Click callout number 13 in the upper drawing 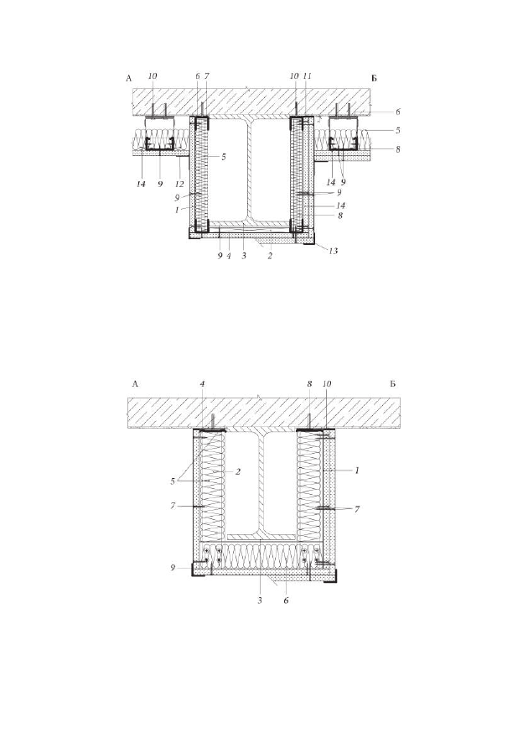[x=334, y=251]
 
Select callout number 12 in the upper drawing [x=179, y=184]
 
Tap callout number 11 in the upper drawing [x=308, y=76]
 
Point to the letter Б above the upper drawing [x=374, y=79]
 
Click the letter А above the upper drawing [x=128, y=79]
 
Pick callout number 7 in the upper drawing [x=207, y=76]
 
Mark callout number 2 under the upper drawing [x=270, y=256]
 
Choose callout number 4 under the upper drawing [x=229, y=256]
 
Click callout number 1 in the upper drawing [x=177, y=209]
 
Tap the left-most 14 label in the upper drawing [x=141, y=184]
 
